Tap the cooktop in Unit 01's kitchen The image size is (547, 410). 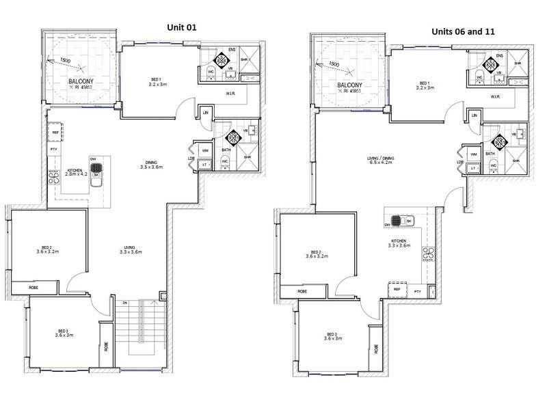point(53,177)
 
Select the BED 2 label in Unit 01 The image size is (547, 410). point(49,249)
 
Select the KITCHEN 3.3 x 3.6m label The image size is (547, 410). point(399,243)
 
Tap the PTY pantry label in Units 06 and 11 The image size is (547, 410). point(418,292)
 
